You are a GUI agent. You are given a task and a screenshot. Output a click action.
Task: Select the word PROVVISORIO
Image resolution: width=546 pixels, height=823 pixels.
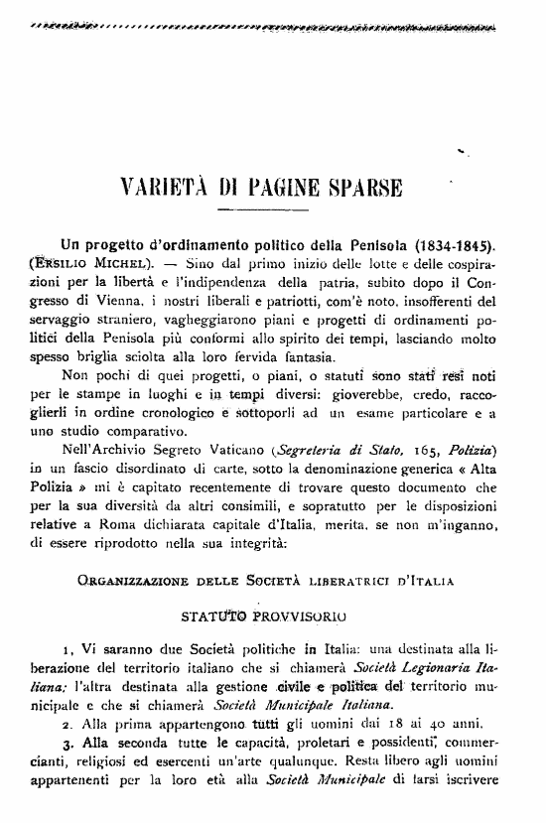pyautogui.click(x=298, y=616)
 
